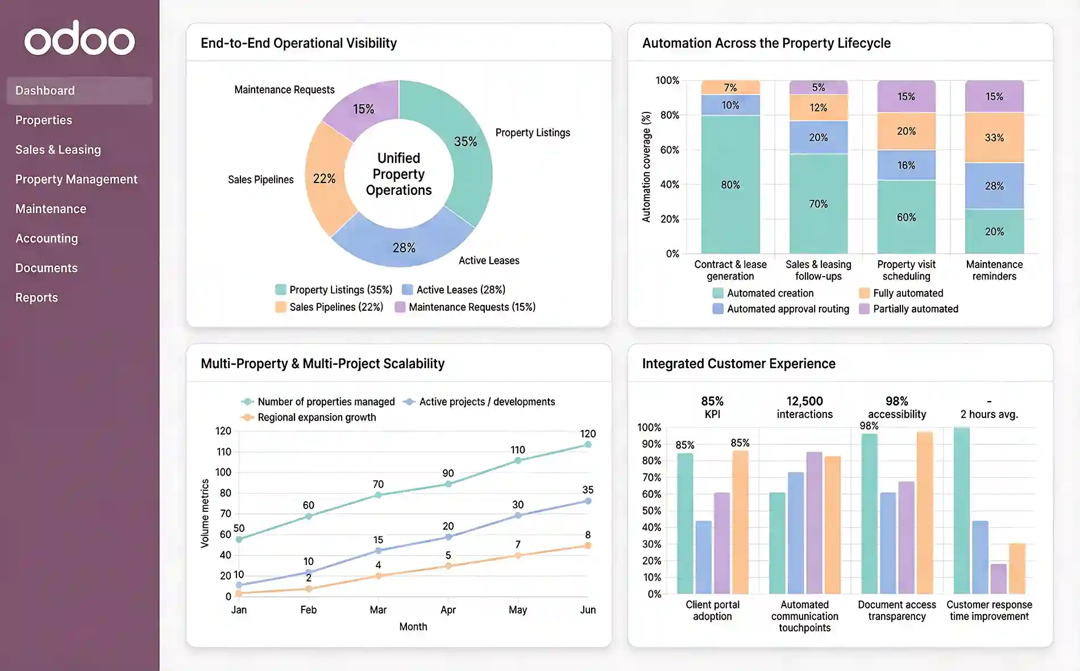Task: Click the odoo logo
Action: [x=80, y=39]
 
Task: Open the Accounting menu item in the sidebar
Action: [x=47, y=239]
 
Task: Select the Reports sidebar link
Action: [x=36, y=298]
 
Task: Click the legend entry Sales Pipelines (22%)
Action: [x=329, y=307]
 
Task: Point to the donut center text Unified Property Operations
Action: [x=398, y=174]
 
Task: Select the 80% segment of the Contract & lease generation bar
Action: [x=730, y=185]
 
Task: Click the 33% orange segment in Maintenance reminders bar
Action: [x=994, y=137]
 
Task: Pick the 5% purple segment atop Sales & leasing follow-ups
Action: [x=818, y=87]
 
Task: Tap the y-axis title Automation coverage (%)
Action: [x=646, y=166]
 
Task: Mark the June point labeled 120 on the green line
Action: [x=588, y=444]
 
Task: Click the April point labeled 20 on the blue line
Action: [x=448, y=537]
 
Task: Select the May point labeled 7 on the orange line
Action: [x=518, y=555]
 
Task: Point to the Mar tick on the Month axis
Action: [x=378, y=610]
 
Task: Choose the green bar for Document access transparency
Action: [x=869, y=514]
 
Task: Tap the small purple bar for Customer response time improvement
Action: [x=998, y=578]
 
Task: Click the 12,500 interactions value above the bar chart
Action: [x=804, y=407]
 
